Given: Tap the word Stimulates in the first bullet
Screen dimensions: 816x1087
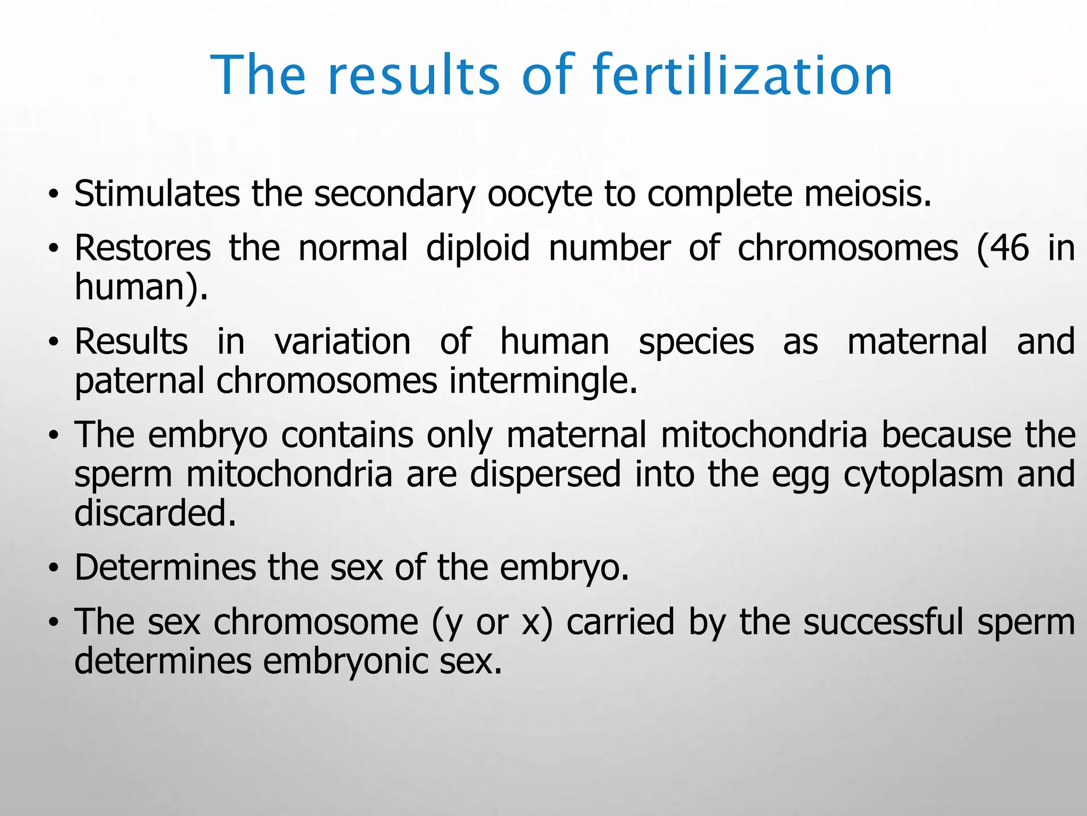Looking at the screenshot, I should (157, 193).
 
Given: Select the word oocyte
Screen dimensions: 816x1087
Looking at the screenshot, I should (539, 194).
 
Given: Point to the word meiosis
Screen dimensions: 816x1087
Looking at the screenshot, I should (867, 193).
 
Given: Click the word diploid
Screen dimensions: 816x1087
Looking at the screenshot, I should (478, 248).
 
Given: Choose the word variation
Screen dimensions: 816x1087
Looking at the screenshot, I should (342, 341).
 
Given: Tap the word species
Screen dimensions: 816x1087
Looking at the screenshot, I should (696, 342).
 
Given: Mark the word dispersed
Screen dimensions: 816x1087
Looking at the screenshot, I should (545, 474).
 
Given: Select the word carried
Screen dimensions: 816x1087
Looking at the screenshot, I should (620, 622).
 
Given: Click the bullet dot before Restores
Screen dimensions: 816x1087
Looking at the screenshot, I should (53, 249).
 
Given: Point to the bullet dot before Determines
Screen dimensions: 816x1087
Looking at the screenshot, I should (53, 568).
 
